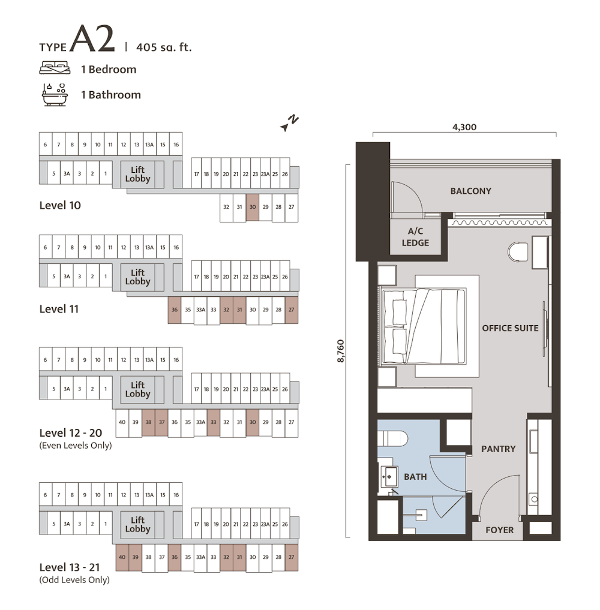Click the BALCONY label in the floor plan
tap(470, 191)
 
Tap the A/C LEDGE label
tap(415, 237)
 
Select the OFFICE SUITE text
tap(510, 328)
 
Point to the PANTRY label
tap(498, 449)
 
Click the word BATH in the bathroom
tap(415, 477)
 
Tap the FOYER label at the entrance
tap(499, 530)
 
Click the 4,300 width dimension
tap(464, 127)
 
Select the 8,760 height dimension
tap(340, 351)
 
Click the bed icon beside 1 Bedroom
tap(55, 68)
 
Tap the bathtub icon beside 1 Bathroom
tap(55, 95)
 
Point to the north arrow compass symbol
tap(289, 123)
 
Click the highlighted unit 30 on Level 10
tap(253, 208)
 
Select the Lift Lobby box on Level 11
tap(138, 277)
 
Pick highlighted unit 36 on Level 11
tap(175, 310)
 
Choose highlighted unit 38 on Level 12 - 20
tap(148, 422)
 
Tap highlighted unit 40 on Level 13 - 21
tap(122, 557)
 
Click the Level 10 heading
tap(60, 205)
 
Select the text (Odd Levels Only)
tap(74, 579)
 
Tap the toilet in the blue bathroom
tap(392, 439)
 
